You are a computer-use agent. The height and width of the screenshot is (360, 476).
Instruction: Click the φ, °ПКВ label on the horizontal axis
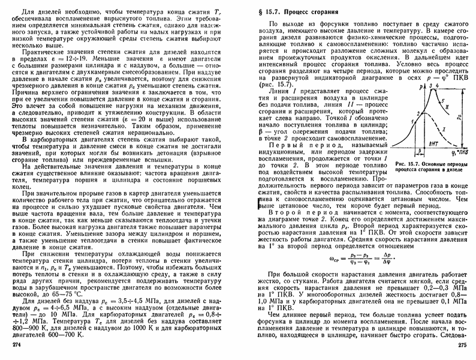[x=460, y=153]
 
